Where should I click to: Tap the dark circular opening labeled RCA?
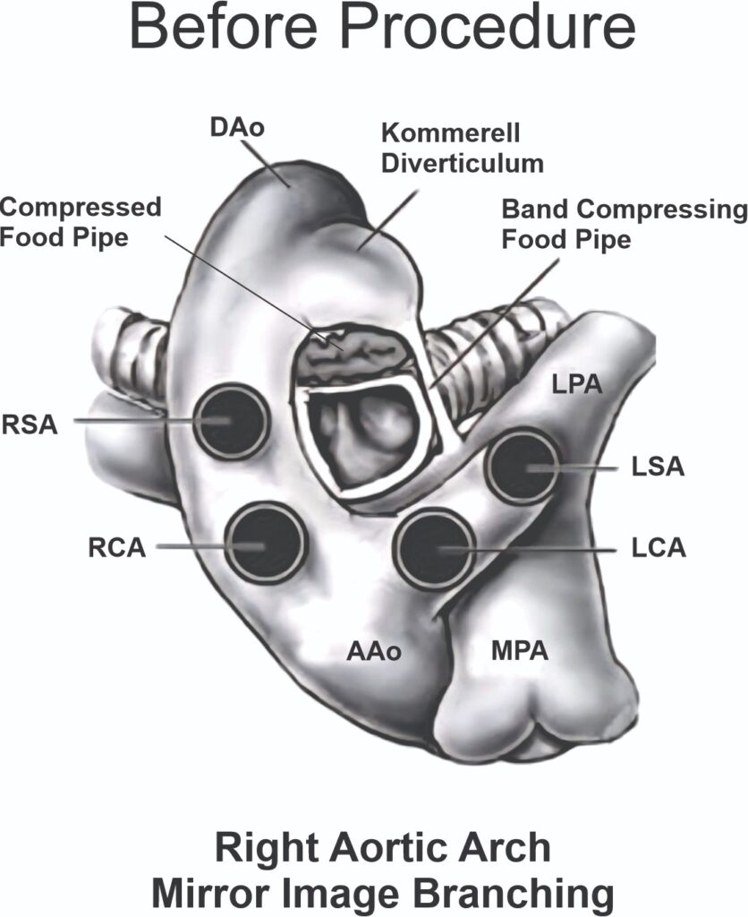point(265,542)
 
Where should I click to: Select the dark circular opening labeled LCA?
point(433,548)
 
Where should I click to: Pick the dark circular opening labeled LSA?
point(523,465)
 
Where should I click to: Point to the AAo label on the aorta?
point(373,651)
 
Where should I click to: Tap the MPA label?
point(519,651)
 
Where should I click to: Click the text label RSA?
point(30,424)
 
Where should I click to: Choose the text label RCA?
point(116,547)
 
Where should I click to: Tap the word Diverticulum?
point(463,163)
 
